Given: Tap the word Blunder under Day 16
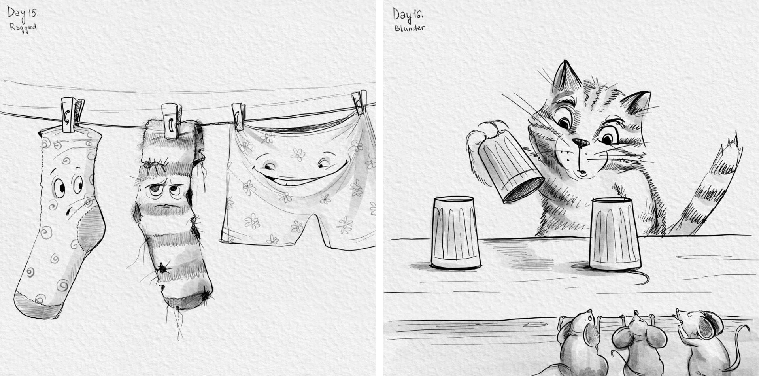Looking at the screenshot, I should [x=409, y=28].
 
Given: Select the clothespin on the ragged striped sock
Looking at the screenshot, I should [x=171, y=121].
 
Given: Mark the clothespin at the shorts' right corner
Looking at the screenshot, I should [x=359, y=102].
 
